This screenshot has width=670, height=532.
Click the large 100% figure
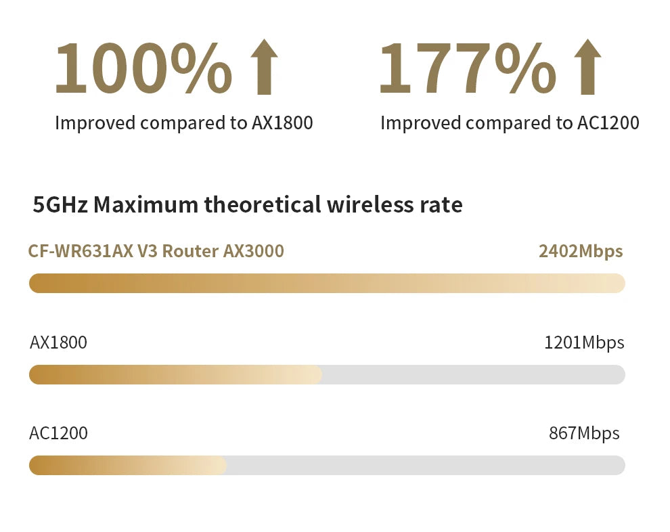click(x=143, y=68)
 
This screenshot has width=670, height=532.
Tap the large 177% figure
click(x=467, y=68)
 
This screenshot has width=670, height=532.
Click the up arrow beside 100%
click(x=264, y=68)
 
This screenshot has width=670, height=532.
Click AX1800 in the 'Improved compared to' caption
click(x=282, y=123)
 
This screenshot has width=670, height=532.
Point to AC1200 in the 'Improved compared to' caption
click(x=608, y=123)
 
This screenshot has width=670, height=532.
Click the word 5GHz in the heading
click(x=60, y=204)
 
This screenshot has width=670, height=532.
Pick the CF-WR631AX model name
click(x=81, y=251)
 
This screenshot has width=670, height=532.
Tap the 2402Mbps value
click(x=580, y=251)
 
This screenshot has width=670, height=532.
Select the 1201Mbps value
click(x=583, y=342)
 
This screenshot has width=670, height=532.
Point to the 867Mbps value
click(x=583, y=433)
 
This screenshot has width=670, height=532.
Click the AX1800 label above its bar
click(x=58, y=342)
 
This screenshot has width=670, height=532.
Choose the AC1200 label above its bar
click(x=58, y=433)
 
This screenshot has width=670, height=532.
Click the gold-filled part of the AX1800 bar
click(x=175, y=374)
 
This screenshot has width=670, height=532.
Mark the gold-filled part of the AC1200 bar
click(x=127, y=465)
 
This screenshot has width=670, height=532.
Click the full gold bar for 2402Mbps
click(x=327, y=283)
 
